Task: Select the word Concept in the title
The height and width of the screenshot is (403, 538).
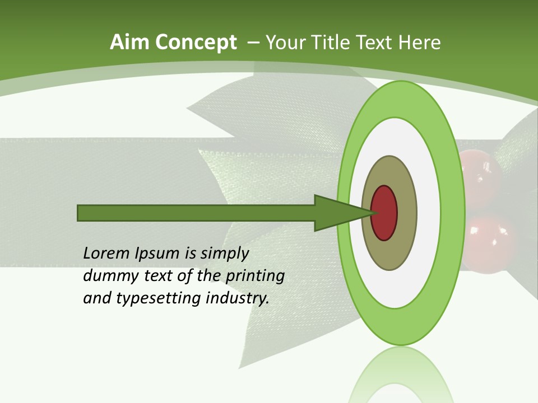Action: (196, 43)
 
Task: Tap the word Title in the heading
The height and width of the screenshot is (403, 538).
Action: (333, 43)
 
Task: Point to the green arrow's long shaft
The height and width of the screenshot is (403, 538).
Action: (196, 213)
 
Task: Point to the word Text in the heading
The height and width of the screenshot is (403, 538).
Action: (377, 43)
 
